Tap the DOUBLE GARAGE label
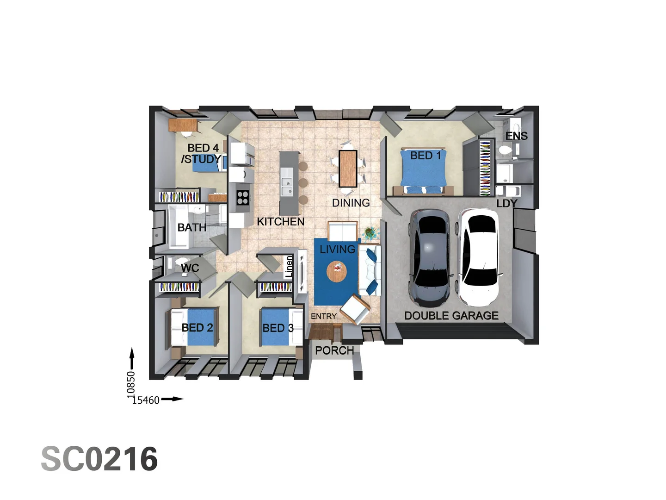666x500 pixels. pyautogui.click(x=451, y=316)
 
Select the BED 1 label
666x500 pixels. pyautogui.click(x=425, y=156)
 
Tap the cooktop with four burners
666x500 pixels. pyautogui.click(x=243, y=198)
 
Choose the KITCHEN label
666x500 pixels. pyautogui.click(x=281, y=222)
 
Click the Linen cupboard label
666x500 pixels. pyautogui.click(x=289, y=267)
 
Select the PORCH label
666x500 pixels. pyautogui.click(x=334, y=350)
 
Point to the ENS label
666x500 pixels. pyautogui.click(x=516, y=136)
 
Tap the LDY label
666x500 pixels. pyautogui.click(x=507, y=203)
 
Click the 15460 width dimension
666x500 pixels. pyautogui.click(x=146, y=400)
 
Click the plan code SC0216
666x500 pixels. pyautogui.click(x=99, y=459)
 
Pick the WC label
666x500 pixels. pyautogui.click(x=190, y=268)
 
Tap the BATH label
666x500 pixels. pyautogui.click(x=192, y=227)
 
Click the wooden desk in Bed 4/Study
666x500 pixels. pyautogui.click(x=183, y=125)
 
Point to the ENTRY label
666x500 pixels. pyautogui.click(x=324, y=316)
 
